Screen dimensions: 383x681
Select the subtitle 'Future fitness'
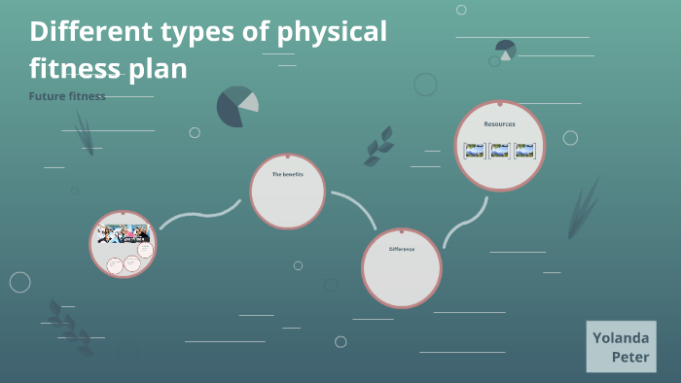67,96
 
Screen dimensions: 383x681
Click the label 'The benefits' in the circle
287,174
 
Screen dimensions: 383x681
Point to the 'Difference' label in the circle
402,249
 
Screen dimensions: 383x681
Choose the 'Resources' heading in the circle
499,124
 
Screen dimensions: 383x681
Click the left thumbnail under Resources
474,151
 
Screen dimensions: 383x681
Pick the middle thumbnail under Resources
499,151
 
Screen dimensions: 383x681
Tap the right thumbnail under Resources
524,151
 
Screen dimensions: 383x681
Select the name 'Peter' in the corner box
631,358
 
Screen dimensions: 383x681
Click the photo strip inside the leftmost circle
123,234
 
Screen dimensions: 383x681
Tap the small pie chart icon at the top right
505,50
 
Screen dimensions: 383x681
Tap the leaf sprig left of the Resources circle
377,146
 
